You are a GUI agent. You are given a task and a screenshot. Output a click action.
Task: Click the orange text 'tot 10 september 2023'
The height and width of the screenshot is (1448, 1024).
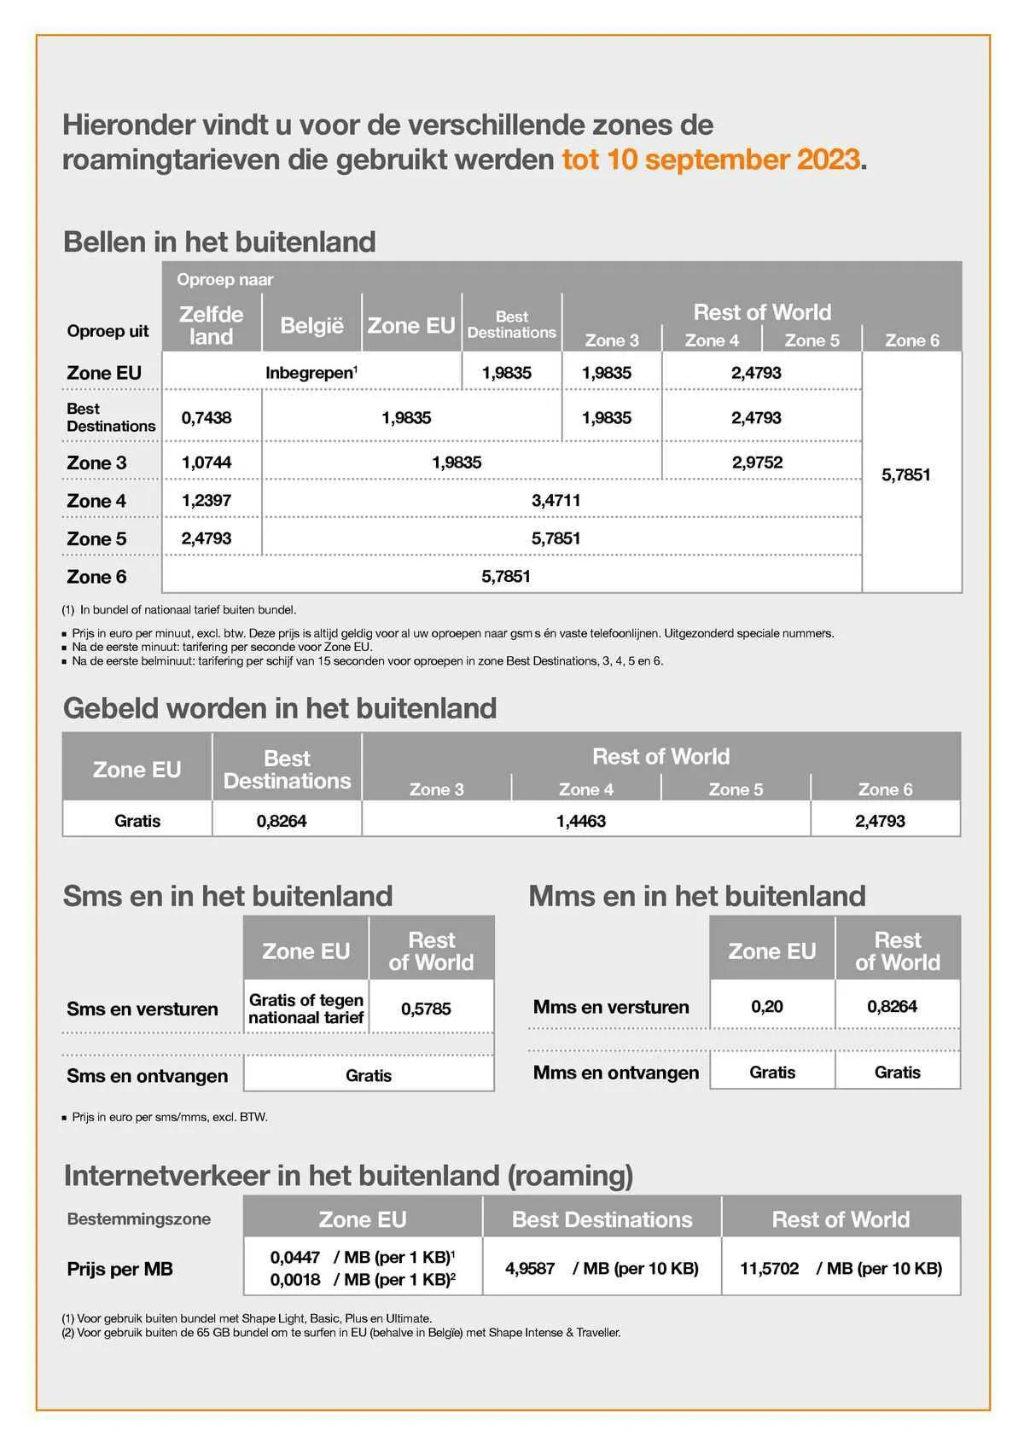[710, 160]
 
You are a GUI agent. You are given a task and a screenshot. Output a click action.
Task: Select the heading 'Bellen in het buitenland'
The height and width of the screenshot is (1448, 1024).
[219, 241]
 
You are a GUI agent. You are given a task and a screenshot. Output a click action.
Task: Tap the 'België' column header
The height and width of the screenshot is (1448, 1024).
[311, 325]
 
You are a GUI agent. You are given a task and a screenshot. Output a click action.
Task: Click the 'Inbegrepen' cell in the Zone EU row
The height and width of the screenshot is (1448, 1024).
[311, 373]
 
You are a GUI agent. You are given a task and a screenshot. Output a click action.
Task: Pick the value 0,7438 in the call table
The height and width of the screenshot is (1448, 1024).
[207, 418]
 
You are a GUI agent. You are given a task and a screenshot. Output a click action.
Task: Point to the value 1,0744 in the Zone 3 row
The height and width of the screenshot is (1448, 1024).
[207, 462]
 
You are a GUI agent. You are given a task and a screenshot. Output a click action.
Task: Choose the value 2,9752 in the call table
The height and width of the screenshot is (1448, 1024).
[757, 462]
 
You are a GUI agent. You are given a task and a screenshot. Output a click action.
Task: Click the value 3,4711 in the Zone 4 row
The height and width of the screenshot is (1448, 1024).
[556, 500]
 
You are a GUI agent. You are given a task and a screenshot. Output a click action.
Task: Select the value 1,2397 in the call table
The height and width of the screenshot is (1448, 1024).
[207, 500]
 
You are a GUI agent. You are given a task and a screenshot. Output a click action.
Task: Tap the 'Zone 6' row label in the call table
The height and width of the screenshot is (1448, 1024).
[96, 577]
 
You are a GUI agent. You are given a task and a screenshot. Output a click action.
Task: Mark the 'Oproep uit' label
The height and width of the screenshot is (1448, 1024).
[108, 331]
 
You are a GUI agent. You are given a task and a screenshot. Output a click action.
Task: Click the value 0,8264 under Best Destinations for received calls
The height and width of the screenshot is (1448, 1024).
[282, 821]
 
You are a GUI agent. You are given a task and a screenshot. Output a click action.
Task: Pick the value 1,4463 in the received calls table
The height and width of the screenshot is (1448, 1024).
[581, 821]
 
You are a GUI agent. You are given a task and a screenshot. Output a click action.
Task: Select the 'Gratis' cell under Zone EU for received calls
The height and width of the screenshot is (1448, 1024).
[137, 821]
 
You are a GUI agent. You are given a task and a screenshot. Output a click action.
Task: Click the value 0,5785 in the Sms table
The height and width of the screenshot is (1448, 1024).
[426, 1009]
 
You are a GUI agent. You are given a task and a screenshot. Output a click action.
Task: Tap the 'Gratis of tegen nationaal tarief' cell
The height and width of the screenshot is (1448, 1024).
[306, 1009]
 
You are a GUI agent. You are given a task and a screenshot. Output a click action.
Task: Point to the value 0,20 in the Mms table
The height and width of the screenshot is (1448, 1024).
[767, 1006]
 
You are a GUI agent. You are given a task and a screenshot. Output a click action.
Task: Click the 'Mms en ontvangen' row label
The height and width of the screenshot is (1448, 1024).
[616, 1073]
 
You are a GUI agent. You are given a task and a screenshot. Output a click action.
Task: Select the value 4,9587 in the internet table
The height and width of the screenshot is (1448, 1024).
[530, 1268]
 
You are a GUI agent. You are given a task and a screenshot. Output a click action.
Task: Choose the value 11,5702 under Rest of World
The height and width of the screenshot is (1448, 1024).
[769, 1268]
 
